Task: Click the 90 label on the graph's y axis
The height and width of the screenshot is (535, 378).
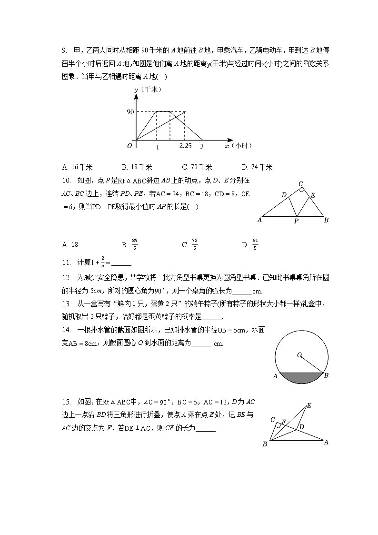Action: [x=129, y=112]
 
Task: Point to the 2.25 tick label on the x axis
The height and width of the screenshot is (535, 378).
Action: [x=186, y=146]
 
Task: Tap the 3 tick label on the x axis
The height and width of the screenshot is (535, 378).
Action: [x=202, y=146]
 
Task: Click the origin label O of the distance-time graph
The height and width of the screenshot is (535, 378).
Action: [x=129, y=146]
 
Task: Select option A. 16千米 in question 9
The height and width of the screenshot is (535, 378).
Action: [x=77, y=167]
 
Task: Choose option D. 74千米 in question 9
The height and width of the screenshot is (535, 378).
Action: [x=257, y=167]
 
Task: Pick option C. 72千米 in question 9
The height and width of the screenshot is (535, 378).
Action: [x=197, y=167]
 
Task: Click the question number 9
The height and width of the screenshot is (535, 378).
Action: [x=64, y=51]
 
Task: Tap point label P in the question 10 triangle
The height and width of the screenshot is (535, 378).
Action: [x=296, y=222]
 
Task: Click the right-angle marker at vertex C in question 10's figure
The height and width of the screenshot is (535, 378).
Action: [x=301, y=190]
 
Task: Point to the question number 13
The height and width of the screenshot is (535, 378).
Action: [x=66, y=303]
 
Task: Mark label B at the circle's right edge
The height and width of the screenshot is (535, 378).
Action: [x=326, y=376]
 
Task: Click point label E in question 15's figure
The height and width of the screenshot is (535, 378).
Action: [x=308, y=406]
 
